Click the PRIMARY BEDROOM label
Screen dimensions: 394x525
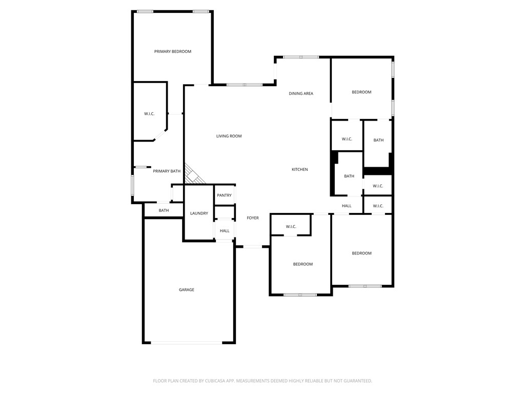pyautogui.click(x=173, y=51)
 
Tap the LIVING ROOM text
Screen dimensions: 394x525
pyautogui.click(x=229, y=136)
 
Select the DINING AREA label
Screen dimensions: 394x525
pyautogui.click(x=301, y=93)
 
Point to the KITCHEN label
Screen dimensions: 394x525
pyautogui.click(x=300, y=169)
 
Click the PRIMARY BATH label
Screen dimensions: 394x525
pyautogui.click(x=167, y=171)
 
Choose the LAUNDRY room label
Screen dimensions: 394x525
pyautogui.click(x=199, y=213)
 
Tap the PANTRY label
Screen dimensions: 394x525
pyautogui.click(x=224, y=195)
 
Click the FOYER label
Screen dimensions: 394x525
pyautogui.click(x=253, y=218)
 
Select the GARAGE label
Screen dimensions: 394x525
pyautogui.click(x=187, y=290)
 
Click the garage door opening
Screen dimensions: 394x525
pyautogui.click(x=187, y=342)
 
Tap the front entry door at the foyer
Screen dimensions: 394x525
pyautogui.click(x=252, y=247)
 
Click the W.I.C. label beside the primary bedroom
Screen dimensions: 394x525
pyautogui.click(x=149, y=114)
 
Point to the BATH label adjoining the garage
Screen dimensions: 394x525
pyautogui.click(x=164, y=210)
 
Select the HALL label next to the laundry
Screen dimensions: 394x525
pyautogui.click(x=225, y=231)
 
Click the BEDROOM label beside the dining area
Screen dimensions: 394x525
pyautogui.click(x=361, y=92)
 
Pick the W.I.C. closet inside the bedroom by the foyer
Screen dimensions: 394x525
pyautogui.click(x=291, y=226)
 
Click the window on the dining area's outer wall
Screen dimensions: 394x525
pyautogui.click(x=301, y=57)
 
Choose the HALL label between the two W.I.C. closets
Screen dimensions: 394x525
pyautogui.click(x=347, y=206)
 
